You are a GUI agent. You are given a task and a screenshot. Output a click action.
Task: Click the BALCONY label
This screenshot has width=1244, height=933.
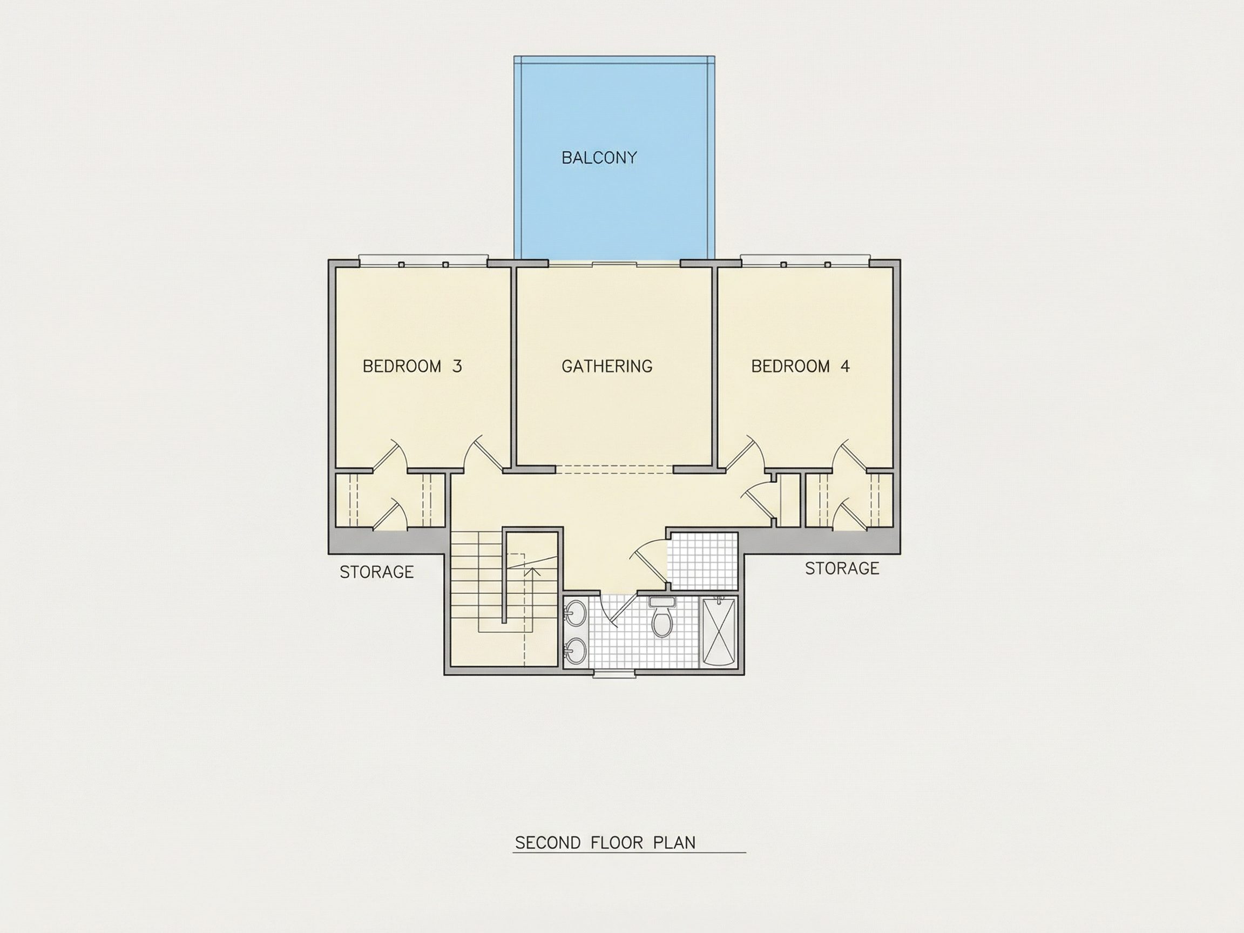tap(599, 158)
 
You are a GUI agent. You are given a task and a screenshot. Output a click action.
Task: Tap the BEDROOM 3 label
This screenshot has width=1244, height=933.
tap(412, 366)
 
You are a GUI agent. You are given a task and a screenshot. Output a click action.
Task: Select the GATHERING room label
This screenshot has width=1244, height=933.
tap(607, 366)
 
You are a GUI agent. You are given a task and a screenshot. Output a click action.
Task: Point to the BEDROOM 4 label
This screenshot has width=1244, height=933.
tap(800, 366)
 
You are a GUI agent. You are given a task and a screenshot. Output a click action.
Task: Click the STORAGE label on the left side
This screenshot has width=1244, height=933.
tap(376, 572)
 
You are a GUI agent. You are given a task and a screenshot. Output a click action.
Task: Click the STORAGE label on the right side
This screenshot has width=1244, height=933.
tap(842, 569)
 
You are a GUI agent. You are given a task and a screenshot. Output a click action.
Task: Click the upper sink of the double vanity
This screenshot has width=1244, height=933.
tap(575, 613)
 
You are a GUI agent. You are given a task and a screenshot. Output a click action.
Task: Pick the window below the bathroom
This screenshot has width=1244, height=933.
tap(616, 673)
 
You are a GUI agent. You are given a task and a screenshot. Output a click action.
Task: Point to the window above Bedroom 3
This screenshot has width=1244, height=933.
tap(423, 260)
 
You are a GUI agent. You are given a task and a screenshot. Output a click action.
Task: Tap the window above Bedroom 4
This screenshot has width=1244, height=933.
tap(805, 260)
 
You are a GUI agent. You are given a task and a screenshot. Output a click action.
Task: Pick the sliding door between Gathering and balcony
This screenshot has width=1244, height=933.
tap(614, 262)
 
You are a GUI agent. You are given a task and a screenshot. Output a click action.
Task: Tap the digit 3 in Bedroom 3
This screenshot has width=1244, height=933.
tap(457, 366)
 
